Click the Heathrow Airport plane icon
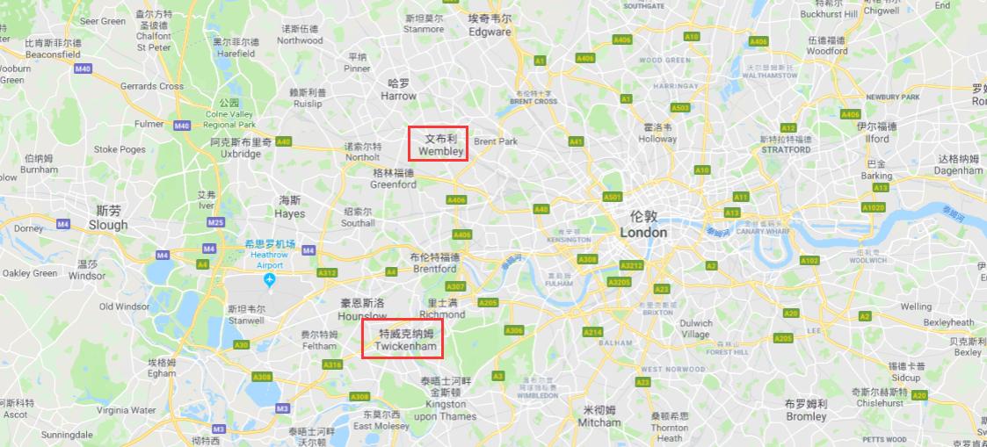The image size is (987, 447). click(270, 280)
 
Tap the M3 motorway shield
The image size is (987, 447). click(282, 408)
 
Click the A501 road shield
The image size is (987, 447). click(613, 197)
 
